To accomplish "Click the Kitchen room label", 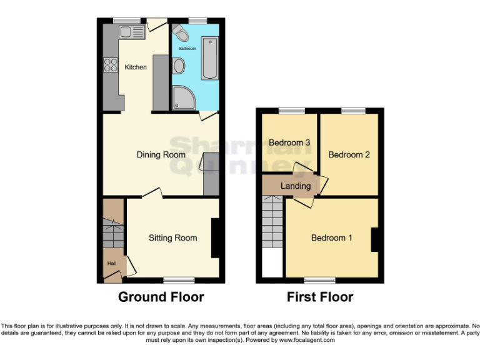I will point(136,67).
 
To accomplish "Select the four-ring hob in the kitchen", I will point(111,65).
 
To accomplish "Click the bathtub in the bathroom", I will point(209,58).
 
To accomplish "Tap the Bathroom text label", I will point(187,48).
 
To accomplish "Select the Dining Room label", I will point(161,154).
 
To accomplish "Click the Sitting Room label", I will point(172,237).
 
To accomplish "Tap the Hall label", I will point(111,264).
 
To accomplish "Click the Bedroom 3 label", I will point(289,142).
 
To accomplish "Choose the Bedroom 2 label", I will point(349,154).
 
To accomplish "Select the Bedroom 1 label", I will point(332,237).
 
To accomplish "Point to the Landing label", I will point(296,186).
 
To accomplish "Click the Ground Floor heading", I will point(161,297).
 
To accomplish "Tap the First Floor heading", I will point(320,297).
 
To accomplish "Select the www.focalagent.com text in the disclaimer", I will point(306,341).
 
